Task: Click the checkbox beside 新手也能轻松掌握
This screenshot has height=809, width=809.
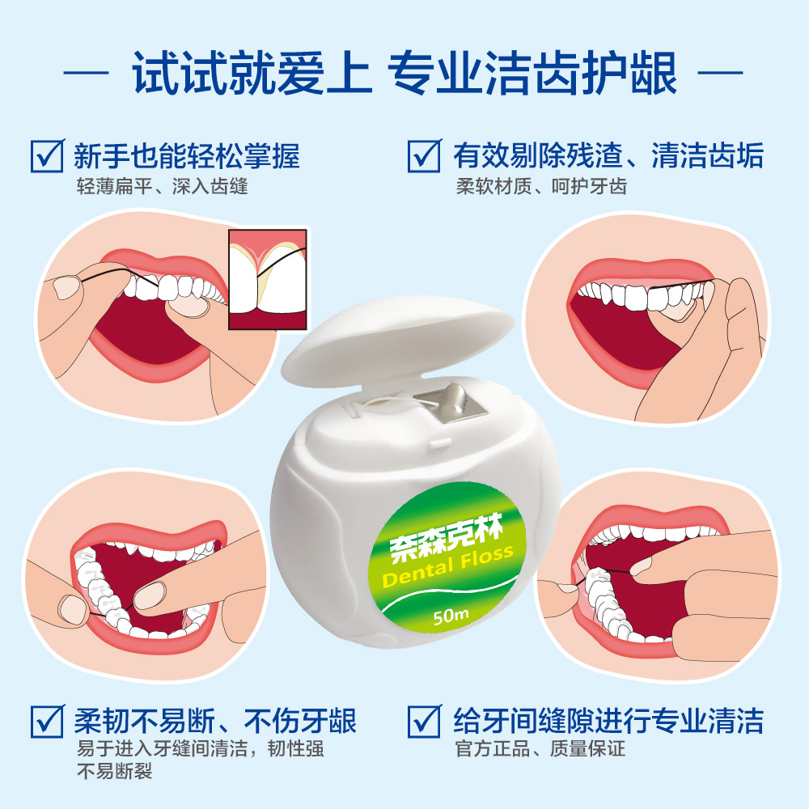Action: tap(48, 156)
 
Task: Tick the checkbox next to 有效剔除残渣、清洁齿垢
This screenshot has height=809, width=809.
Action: tap(425, 156)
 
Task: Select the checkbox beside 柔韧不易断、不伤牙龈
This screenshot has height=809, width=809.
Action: tap(48, 722)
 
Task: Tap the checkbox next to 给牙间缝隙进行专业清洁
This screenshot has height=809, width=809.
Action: tap(425, 722)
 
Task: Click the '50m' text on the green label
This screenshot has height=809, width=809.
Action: tap(451, 615)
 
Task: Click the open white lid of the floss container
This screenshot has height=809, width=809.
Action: tap(397, 341)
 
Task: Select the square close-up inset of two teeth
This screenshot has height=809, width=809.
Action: tap(268, 279)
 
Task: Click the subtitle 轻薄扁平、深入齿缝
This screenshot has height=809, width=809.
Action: tap(162, 186)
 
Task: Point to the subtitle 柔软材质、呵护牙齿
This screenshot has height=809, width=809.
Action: tap(541, 186)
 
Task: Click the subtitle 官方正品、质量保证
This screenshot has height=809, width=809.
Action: tap(540, 748)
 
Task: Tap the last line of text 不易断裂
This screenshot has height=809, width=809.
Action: tap(115, 771)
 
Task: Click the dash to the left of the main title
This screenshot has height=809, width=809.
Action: tap(86, 74)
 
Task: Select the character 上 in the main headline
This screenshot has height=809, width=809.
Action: tap(349, 73)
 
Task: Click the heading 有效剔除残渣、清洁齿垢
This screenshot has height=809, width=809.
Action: tap(608, 156)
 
